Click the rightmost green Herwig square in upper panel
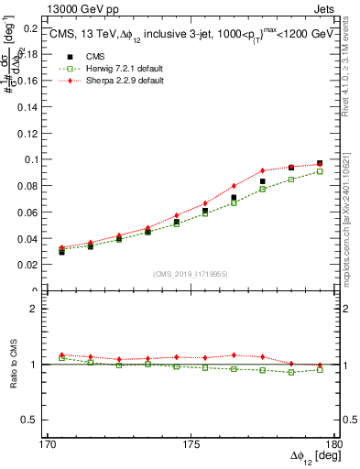point(320,171)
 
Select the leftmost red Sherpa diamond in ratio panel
point(61,354)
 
